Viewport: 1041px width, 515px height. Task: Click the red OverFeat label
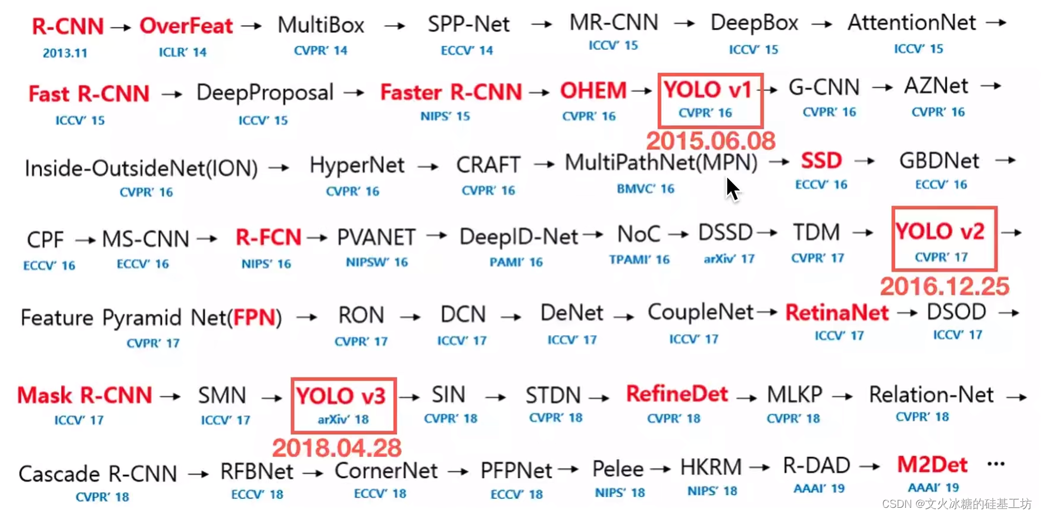pos(186,26)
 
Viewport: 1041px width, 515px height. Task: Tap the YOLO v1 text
pos(708,90)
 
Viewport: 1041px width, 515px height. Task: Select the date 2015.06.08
pos(711,141)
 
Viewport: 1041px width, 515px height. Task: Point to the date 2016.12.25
pos(945,286)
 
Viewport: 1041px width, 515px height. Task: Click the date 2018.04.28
pos(337,448)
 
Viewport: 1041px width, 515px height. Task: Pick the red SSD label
pos(821,161)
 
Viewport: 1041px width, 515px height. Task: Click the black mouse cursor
pos(732,189)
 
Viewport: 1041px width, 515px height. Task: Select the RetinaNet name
pos(837,313)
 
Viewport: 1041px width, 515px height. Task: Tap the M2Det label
pos(932,465)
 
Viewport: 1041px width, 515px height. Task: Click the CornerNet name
pos(386,471)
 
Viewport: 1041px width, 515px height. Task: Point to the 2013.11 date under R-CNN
pos(65,53)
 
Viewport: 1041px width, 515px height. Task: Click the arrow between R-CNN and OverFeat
pos(121,27)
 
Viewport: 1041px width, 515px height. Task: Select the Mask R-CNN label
pos(85,395)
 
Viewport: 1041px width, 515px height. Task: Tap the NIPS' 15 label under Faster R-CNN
pos(445,116)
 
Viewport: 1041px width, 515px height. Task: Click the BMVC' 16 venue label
pos(645,189)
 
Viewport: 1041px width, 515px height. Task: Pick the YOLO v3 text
pos(341,397)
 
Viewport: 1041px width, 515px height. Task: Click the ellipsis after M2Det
pos(996,464)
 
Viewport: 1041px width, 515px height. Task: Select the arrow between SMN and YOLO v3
pos(272,397)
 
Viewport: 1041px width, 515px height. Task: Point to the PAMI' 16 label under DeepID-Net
pos(516,262)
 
